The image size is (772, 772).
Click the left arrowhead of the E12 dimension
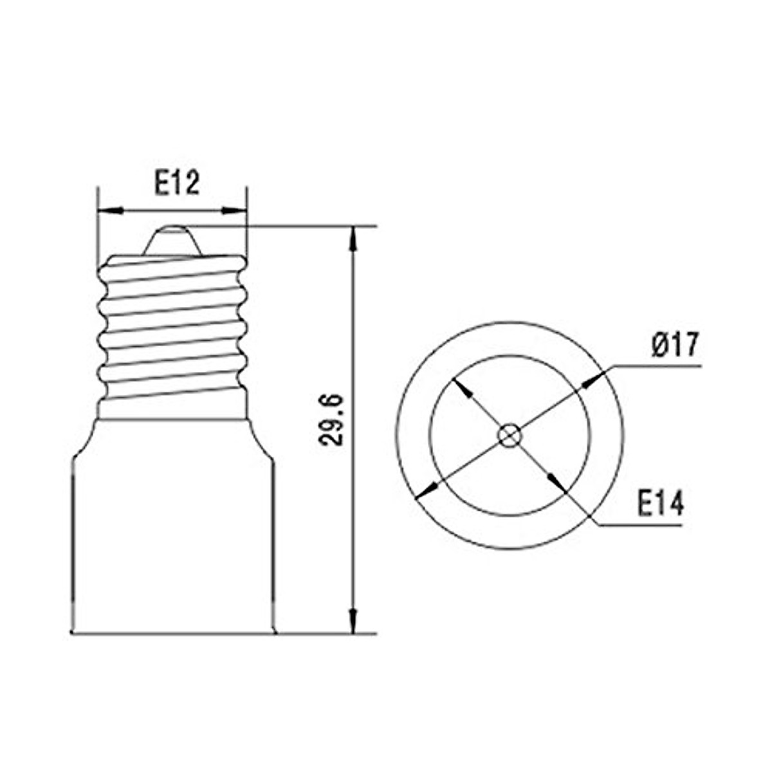coord(109,210)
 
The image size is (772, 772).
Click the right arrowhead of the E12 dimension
coord(234,210)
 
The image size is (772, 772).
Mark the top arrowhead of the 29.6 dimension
coord(352,238)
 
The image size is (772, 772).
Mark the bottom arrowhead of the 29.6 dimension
coord(352,621)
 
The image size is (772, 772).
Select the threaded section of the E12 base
coord(172,328)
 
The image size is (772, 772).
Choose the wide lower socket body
coord(172,540)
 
